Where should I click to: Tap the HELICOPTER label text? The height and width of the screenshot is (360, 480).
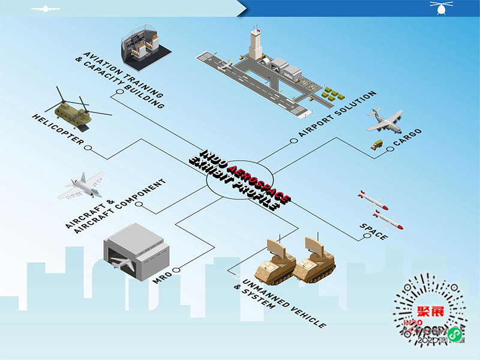[x=58, y=128]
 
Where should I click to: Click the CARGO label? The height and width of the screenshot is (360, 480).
[x=407, y=137]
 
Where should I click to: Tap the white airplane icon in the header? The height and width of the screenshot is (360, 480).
[x=45, y=8]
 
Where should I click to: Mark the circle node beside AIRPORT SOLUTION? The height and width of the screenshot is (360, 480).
[x=293, y=142]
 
